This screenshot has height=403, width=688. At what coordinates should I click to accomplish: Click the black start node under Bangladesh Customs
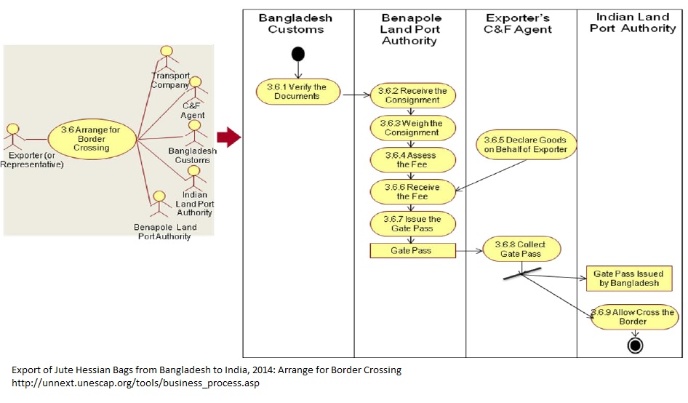coord(297,54)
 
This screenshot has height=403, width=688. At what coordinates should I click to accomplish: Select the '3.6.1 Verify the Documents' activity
coord(297,92)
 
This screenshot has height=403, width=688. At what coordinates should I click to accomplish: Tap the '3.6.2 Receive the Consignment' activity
coord(413,95)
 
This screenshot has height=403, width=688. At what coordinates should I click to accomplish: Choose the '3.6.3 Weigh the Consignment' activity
coord(413,127)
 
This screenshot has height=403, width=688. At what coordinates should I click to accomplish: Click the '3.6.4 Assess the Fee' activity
coord(413,160)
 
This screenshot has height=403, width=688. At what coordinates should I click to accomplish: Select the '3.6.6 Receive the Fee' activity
coord(413,192)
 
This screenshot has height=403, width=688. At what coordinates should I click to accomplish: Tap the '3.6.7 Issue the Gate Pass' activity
coord(413,223)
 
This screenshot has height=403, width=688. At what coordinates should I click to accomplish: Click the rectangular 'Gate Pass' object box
coord(412,250)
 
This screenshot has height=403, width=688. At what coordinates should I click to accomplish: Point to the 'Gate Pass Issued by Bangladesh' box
coord(628,278)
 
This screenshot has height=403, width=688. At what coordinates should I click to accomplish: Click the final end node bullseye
coord(634,346)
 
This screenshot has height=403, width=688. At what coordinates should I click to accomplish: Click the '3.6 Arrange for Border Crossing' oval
coord(92,138)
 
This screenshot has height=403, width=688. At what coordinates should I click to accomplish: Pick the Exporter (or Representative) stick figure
coord(12,135)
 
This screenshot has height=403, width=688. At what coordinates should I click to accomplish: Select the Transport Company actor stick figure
coord(167,57)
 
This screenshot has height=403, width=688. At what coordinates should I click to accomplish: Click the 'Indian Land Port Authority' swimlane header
coord(632,23)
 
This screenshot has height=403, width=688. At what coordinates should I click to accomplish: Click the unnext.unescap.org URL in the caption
coord(135,383)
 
